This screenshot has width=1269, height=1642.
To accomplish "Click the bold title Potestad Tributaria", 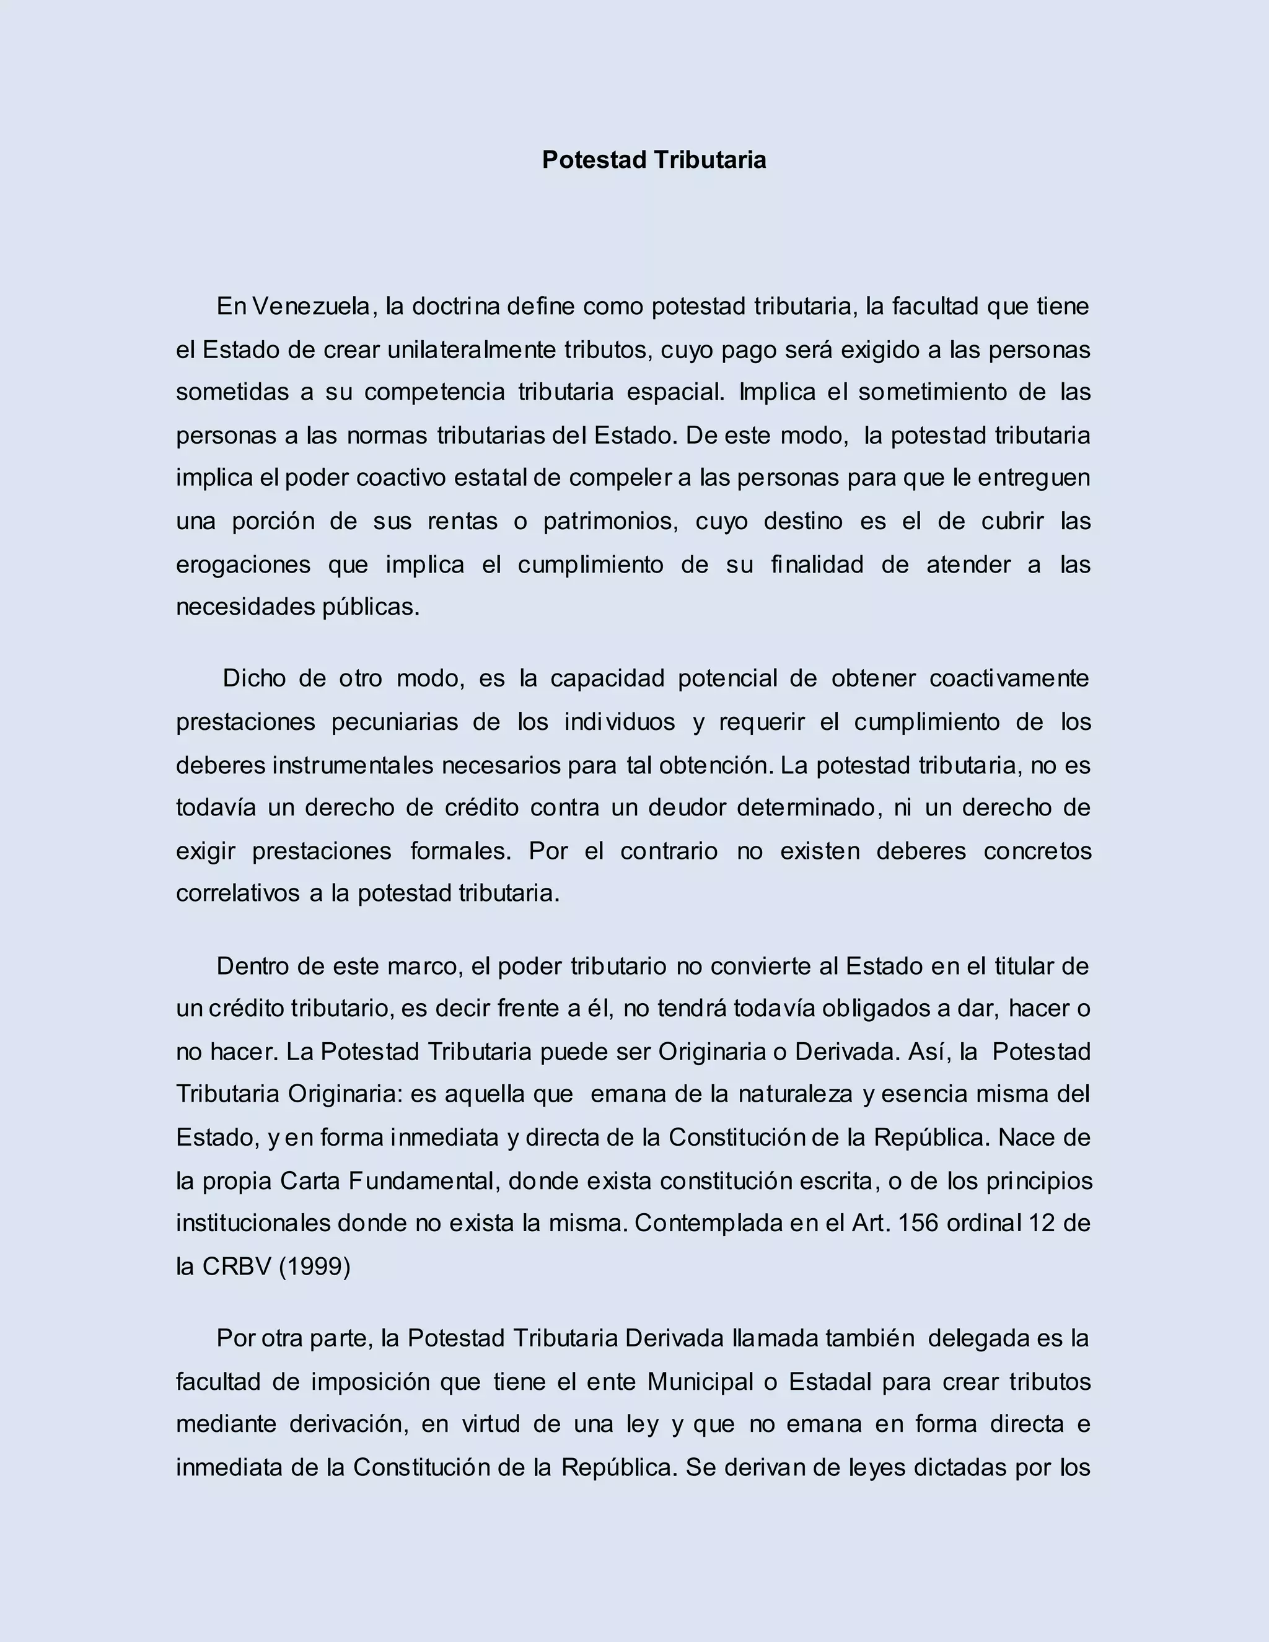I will click(654, 159).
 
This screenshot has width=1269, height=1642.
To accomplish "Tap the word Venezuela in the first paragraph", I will click(311, 306).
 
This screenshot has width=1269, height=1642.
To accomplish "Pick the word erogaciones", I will click(243, 564).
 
